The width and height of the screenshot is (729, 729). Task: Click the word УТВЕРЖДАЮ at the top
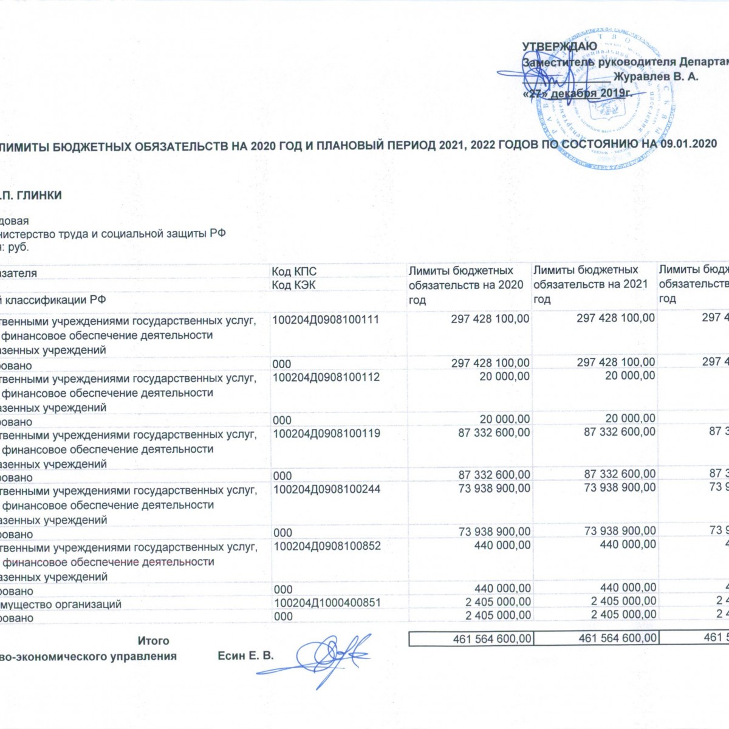click(x=560, y=46)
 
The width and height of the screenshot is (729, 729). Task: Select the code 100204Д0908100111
click(x=326, y=320)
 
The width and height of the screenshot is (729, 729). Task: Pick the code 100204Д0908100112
click(x=326, y=377)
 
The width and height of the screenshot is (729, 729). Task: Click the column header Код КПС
click(x=294, y=272)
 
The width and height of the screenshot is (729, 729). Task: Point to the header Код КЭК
click(x=293, y=285)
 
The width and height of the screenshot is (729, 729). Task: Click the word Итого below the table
click(x=153, y=641)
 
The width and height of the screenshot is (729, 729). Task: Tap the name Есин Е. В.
click(x=245, y=656)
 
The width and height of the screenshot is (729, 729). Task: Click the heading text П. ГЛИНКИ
click(x=32, y=196)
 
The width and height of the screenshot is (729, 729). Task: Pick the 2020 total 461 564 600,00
click(x=492, y=639)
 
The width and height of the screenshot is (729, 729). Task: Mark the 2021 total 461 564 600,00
click(x=617, y=638)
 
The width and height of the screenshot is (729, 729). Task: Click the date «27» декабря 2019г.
click(x=577, y=94)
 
